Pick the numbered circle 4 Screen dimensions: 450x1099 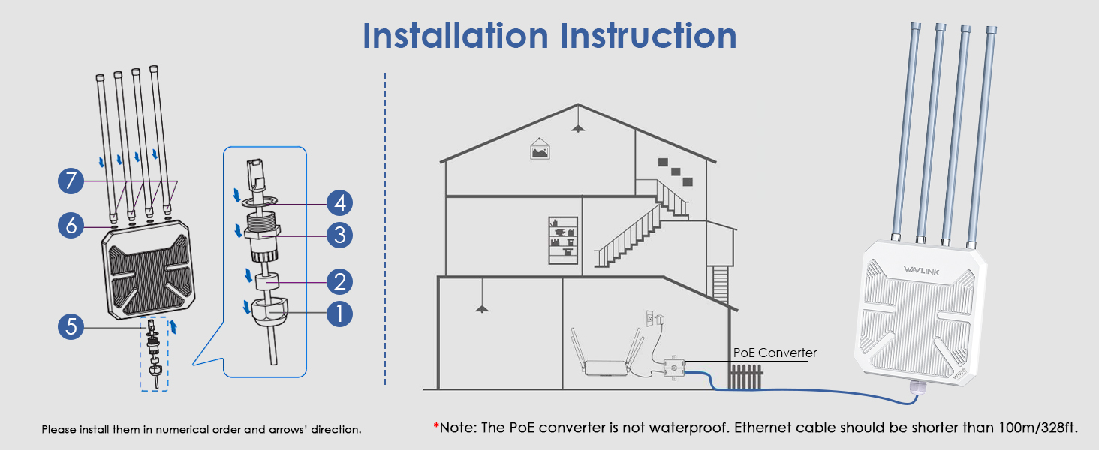[339, 202]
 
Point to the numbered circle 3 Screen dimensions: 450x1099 [339, 235]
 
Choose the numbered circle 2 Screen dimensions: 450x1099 [339, 282]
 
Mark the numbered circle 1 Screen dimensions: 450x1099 [339, 313]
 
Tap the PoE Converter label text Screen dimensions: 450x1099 [775, 352]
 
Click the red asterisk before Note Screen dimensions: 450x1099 [435, 427]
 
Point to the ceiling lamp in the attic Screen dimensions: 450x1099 [577, 127]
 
